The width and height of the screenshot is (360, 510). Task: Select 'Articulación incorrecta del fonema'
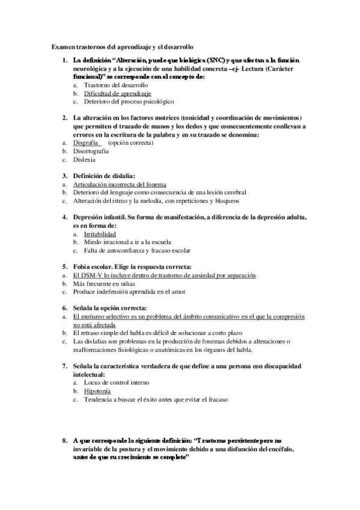[x=120, y=183]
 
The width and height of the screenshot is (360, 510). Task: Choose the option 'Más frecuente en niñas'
[x=103, y=283]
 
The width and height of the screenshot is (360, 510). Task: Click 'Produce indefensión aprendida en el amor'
[x=129, y=292]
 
